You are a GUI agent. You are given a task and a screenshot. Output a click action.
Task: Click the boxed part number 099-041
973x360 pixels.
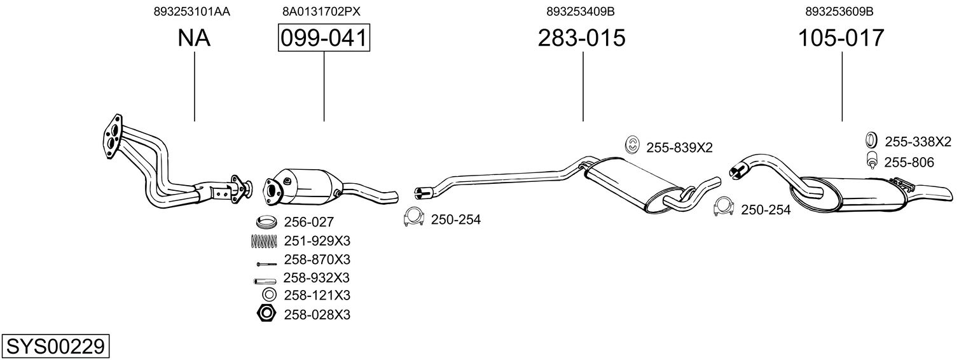click(x=324, y=38)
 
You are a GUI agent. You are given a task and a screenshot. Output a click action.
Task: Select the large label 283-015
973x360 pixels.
click(x=582, y=38)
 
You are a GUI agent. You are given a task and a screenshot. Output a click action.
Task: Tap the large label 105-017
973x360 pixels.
click(x=841, y=38)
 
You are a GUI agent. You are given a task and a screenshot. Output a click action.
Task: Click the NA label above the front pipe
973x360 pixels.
click(x=194, y=38)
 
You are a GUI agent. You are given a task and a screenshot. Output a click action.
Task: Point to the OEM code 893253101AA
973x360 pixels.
click(x=191, y=11)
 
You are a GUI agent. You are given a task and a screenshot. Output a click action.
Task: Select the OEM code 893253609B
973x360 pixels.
click(x=839, y=11)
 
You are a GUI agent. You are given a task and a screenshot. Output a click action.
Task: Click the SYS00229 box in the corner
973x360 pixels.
click(x=55, y=347)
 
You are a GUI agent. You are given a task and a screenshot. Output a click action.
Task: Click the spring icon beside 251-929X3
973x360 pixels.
click(x=265, y=241)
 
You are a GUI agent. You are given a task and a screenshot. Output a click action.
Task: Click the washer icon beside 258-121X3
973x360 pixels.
click(x=268, y=295)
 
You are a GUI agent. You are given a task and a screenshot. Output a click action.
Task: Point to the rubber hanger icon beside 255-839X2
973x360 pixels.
click(x=633, y=146)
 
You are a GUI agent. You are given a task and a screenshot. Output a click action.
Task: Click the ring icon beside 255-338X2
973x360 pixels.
click(x=872, y=141)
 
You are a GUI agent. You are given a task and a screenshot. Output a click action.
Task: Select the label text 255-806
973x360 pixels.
click(x=909, y=163)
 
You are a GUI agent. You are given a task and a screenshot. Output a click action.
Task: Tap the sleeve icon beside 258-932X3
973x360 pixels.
click(x=263, y=279)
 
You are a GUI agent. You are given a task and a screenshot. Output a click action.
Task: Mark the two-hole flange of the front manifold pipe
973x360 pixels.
click(x=112, y=134)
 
